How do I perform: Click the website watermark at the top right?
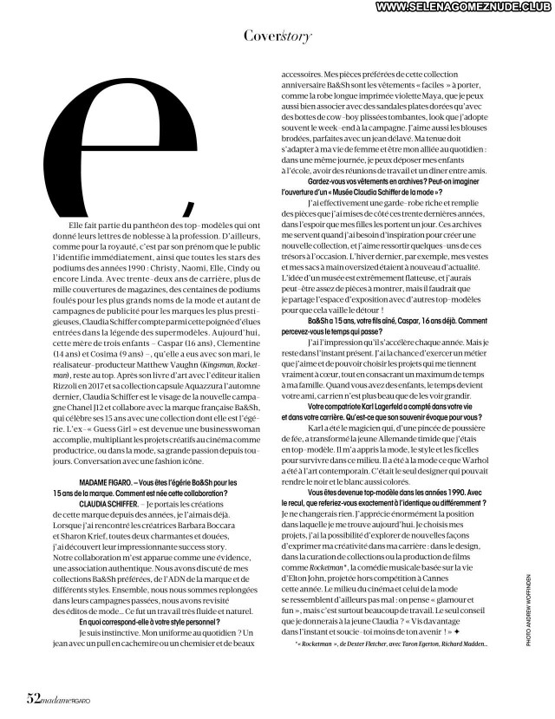pyautogui.click(x=455, y=7)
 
